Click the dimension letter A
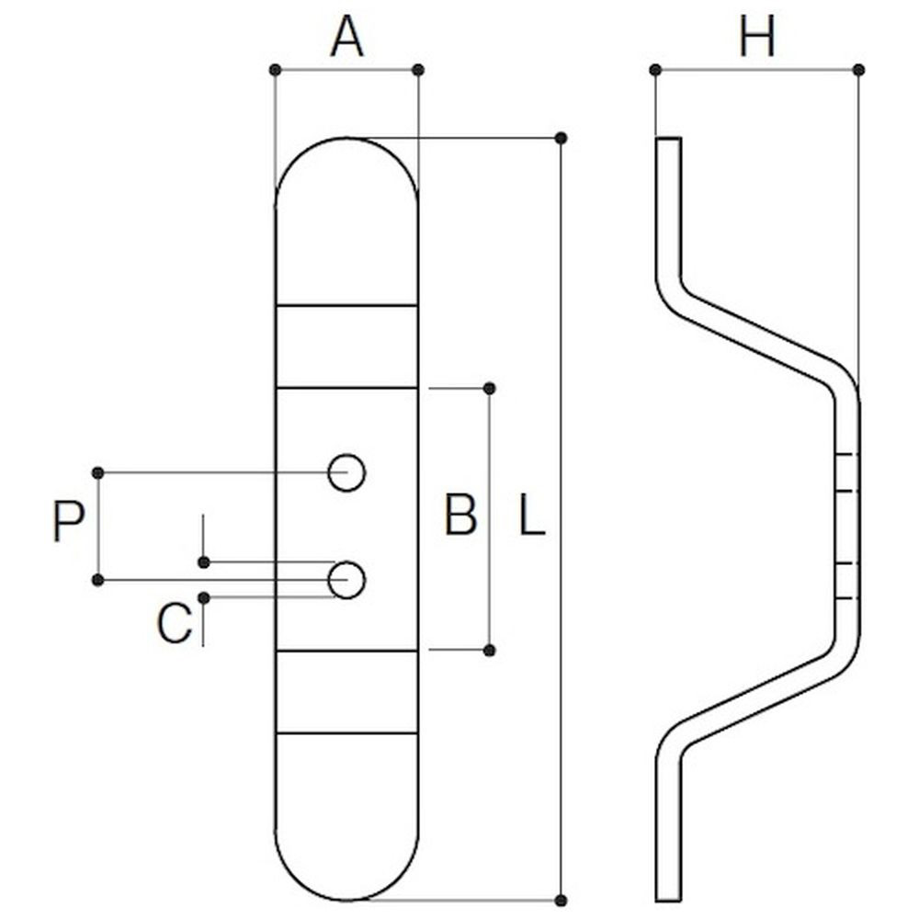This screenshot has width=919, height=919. (347, 39)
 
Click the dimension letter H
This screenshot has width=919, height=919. (756, 39)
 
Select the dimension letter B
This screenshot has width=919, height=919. (460, 516)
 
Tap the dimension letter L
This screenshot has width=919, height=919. (532, 516)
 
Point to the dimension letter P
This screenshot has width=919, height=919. (69, 522)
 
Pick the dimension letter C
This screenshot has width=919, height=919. (175, 623)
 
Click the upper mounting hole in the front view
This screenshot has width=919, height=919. (346, 472)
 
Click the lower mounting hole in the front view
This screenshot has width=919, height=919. (346, 580)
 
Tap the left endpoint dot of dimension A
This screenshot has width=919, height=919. (275, 71)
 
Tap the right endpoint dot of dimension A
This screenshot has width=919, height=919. (418, 71)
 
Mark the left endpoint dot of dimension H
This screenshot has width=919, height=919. (655, 71)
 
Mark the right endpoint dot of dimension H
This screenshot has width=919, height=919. (858, 71)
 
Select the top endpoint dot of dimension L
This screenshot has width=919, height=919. (561, 139)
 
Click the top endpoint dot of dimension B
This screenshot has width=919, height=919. (490, 388)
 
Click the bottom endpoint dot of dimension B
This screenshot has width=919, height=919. (490, 650)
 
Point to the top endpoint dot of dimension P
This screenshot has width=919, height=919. (98, 472)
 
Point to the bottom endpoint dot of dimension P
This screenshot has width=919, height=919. (98, 580)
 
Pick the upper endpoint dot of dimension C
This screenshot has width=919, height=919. (203, 562)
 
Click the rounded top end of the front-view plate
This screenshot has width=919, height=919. (347, 139)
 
